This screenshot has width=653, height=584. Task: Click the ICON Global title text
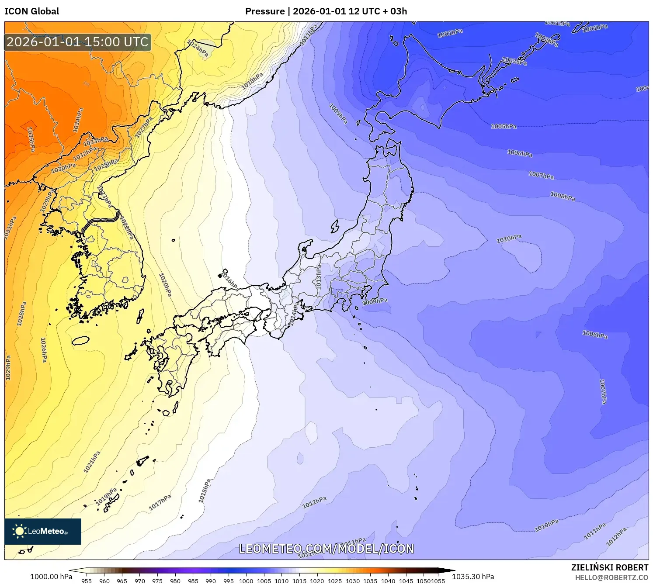click(31, 11)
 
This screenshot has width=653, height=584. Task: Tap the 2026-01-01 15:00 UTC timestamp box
click(78, 42)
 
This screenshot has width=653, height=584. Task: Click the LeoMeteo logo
click(43, 531)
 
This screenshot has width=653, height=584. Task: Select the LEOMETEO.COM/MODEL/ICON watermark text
click(326, 549)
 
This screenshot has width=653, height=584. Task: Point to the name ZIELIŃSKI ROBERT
click(609, 567)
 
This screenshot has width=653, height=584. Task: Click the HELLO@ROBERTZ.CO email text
click(611, 577)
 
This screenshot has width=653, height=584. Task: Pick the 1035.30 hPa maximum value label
click(473, 577)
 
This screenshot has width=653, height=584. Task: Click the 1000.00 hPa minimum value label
click(51, 577)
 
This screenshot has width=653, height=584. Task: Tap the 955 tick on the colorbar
click(87, 581)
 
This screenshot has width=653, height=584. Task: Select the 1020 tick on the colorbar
click(317, 581)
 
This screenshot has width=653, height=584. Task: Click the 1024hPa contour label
click(198, 48)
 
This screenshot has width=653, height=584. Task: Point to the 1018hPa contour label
click(252, 81)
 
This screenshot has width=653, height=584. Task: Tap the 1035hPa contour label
click(31, 139)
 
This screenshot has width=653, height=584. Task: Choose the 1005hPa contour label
click(504, 126)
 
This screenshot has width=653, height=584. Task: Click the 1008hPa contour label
click(563, 197)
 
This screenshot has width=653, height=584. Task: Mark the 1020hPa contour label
click(165, 285)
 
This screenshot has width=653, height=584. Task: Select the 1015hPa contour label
click(205, 491)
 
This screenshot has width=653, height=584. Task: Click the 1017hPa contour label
click(160, 502)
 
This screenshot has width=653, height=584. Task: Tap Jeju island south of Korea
click(80, 341)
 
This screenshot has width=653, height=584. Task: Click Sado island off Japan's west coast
click(335, 226)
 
